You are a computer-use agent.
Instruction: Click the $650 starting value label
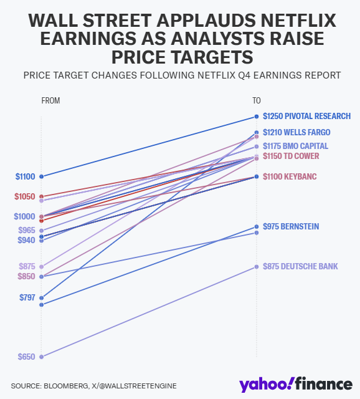27,357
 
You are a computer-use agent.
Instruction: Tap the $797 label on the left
27,297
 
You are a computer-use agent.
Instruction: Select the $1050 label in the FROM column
25,196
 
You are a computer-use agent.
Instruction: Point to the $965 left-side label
27,230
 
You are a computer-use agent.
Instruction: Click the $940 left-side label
27,240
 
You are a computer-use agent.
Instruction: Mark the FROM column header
50,100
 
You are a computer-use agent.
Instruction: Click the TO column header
256,100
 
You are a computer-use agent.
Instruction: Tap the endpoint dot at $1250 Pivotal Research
256,117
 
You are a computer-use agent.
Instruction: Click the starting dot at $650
41,357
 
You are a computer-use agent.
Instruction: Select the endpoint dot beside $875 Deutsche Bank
256,267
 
